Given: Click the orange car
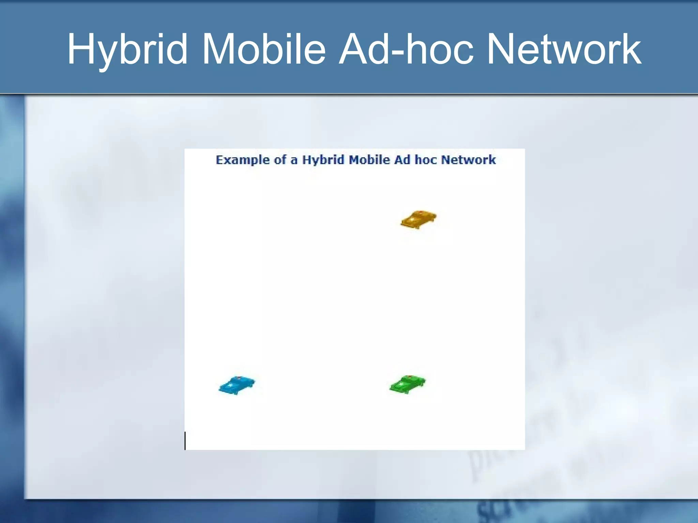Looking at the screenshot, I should [419, 220].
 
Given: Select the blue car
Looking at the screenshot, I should [237, 385].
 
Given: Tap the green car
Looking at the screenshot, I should [408, 384].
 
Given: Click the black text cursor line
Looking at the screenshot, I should [185, 441].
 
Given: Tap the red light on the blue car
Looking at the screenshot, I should [239, 378].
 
